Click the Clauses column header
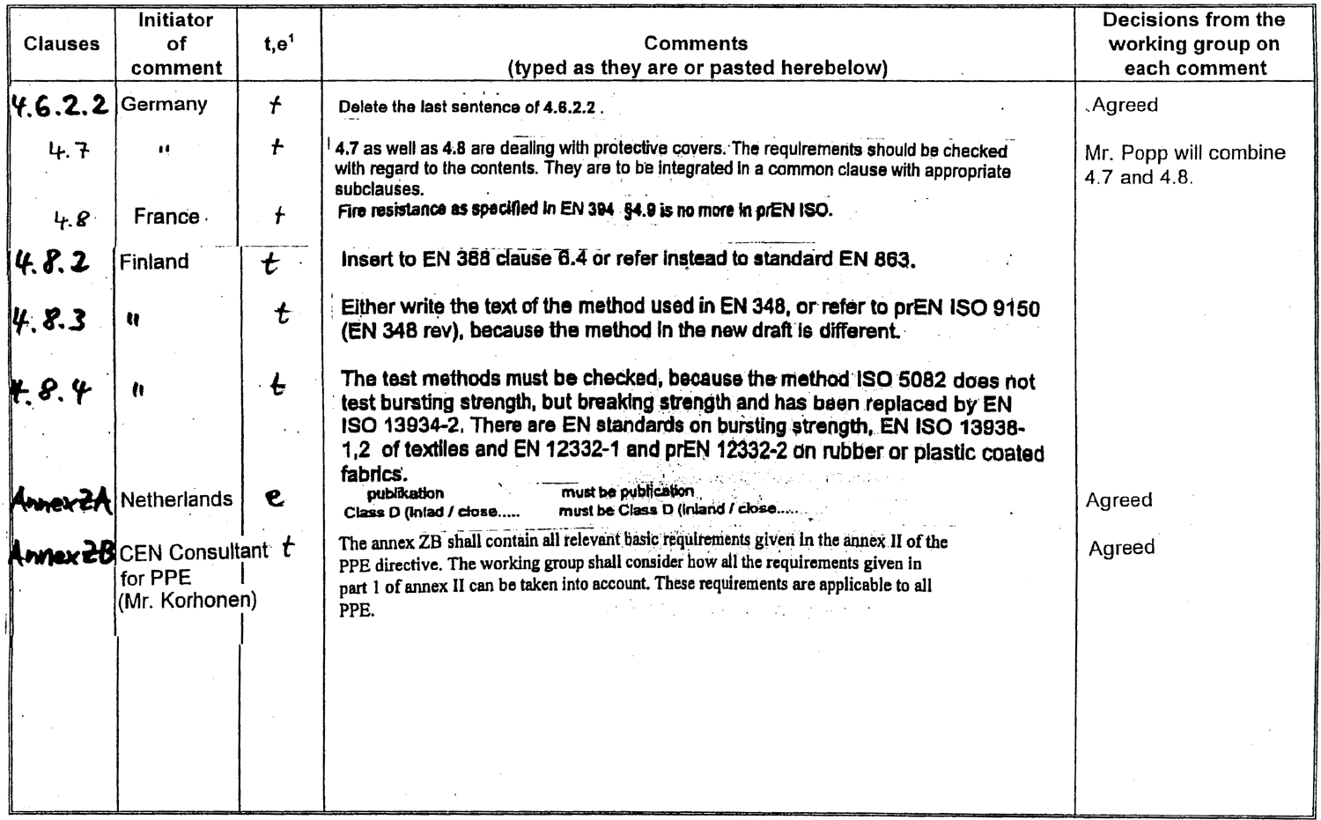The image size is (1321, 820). tap(62, 44)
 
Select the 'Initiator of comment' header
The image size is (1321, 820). tap(176, 43)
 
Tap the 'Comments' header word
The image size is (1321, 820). tap(696, 43)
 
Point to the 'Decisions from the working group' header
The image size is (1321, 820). tap(1193, 43)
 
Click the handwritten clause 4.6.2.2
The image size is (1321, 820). tap(59, 106)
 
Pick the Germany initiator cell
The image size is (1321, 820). tap(164, 104)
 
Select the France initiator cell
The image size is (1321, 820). tap(166, 217)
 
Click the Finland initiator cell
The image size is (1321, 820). tap(154, 262)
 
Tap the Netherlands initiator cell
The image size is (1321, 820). tap(176, 499)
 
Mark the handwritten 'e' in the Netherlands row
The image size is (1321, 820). tap(275, 498)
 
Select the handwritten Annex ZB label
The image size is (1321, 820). tap(62, 553)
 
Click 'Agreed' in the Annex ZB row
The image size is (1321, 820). tap(1121, 548)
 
